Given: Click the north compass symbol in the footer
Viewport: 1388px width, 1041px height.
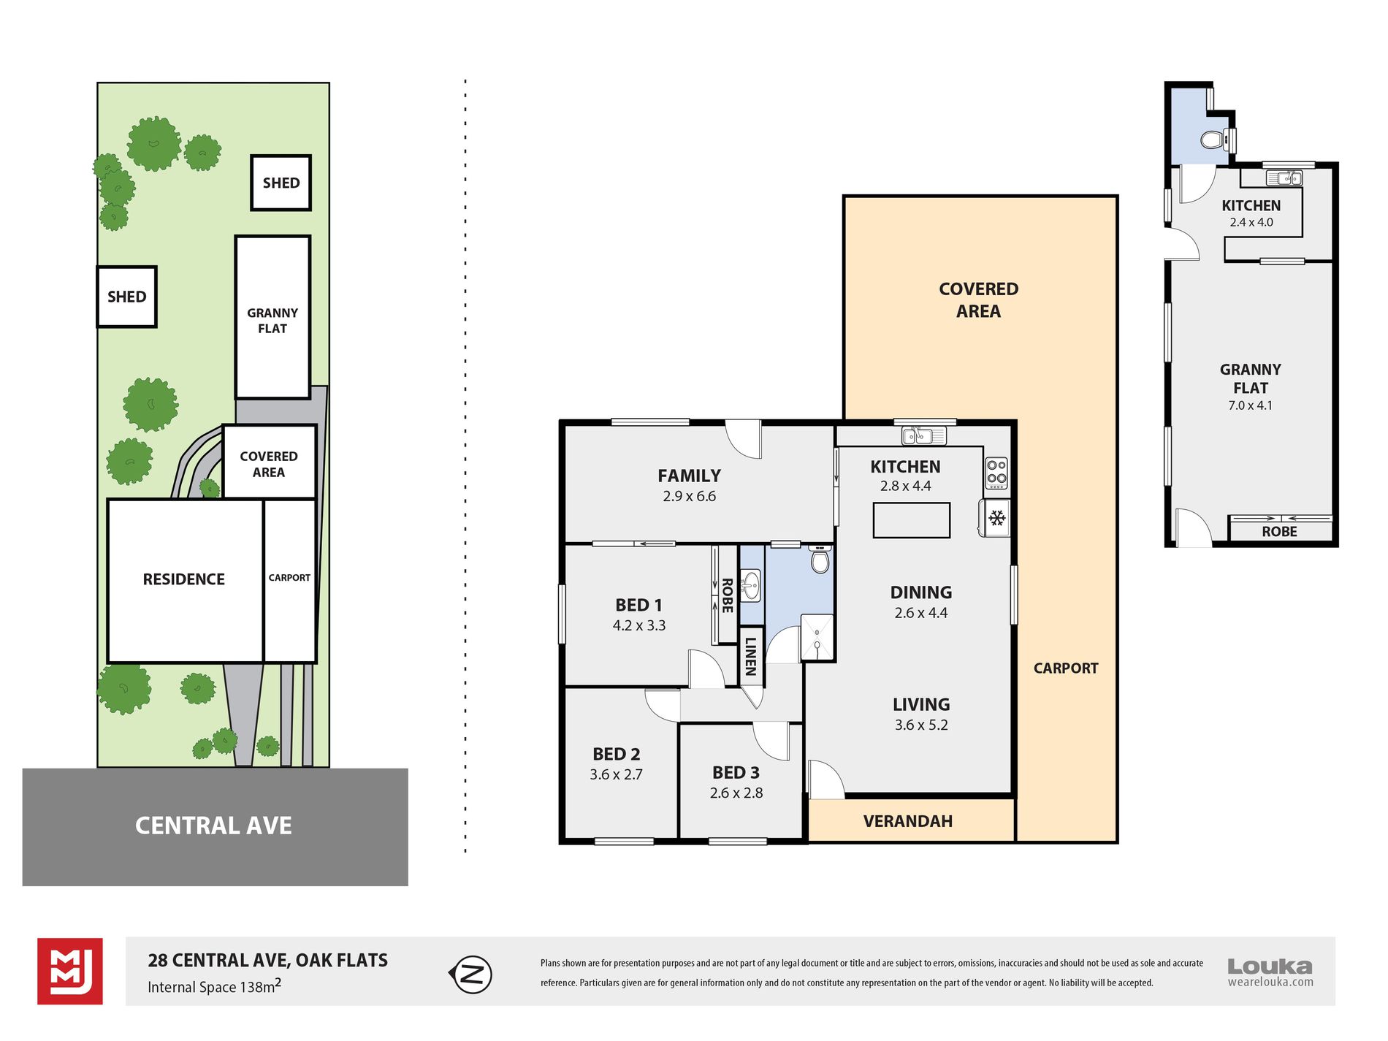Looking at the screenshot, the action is coord(470,975).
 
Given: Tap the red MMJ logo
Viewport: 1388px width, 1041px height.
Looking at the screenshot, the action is coord(70,972).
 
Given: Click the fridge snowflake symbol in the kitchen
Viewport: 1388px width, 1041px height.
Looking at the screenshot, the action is coord(997,519).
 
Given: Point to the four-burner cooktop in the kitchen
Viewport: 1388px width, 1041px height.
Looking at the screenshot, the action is coord(996,473).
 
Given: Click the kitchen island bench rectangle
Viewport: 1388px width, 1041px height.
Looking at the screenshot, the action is coord(912,520).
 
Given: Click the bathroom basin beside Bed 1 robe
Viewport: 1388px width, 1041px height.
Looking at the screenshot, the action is coord(750,585).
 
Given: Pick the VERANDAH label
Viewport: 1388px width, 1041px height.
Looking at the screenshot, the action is coord(908,821).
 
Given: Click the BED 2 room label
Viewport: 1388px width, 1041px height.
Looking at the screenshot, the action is coord(617,754).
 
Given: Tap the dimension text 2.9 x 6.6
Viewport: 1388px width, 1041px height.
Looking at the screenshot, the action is coord(690,496).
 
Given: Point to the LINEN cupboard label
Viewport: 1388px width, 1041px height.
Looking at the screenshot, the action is coord(750,656).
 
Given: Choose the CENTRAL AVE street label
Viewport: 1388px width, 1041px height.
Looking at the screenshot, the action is coord(213,825).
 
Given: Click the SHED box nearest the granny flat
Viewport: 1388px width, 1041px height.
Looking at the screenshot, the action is coord(281,183).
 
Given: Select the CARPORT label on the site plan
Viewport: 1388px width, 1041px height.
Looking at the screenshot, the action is coord(289,578).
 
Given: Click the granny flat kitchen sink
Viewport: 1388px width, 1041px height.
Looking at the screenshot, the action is coord(1284,178).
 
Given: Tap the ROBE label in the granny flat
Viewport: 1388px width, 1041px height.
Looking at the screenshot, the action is coord(1280,532).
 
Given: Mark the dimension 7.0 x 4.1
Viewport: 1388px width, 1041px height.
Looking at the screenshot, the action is coord(1251,405).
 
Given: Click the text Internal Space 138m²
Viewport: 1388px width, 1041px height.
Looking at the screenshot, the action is coord(214,986).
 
